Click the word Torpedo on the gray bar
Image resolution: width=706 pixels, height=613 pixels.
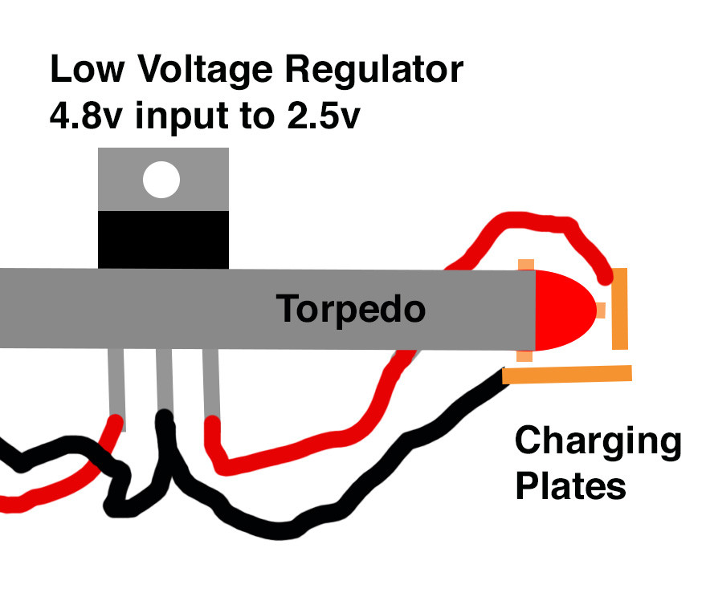[350, 308]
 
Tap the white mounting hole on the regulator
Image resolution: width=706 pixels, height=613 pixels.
[161, 181]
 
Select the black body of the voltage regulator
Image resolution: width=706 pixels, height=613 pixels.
[163, 239]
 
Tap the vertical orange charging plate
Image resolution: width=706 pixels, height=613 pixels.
[619, 310]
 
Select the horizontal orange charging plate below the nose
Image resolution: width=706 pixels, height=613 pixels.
[567, 373]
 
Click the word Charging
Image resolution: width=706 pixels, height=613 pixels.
[598, 443]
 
